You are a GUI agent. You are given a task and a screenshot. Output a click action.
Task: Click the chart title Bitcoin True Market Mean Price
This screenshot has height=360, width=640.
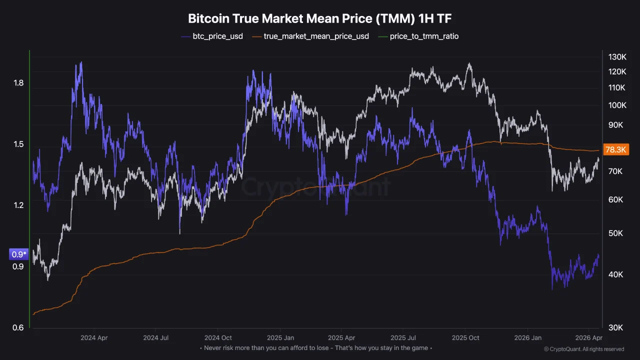tap(319, 18)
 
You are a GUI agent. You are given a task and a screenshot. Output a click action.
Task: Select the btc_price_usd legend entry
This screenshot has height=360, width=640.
tap(217, 36)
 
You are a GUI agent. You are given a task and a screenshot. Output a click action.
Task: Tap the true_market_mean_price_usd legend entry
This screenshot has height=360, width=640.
tap(316, 36)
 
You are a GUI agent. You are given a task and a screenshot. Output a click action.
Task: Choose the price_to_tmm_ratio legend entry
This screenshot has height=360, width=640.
tap(424, 36)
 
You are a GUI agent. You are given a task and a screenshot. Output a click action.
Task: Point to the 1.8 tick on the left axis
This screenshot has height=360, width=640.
tap(18, 83)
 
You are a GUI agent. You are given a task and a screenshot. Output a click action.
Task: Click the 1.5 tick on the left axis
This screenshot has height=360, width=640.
tap(18, 144)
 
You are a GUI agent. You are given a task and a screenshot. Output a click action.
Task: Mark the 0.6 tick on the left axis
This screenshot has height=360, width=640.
tap(18, 328)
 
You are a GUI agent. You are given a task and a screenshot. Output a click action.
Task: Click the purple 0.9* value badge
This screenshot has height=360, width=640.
tap(19, 254)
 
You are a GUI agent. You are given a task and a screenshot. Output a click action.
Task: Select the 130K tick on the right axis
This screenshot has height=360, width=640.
tap(617, 57)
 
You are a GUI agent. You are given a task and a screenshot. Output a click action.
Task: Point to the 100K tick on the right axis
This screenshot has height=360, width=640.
tap(617, 105)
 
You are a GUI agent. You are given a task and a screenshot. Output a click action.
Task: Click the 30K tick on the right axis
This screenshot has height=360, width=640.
tap(615, 328)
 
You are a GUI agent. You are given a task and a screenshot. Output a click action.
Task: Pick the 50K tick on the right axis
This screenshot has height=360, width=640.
tap(615, 233)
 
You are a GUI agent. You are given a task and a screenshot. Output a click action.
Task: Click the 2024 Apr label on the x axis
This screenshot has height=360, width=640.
tap(94, 337)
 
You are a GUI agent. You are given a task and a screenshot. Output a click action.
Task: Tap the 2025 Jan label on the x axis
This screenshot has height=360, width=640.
tap(280, 337)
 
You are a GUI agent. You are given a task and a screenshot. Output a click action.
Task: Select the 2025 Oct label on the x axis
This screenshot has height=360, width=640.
tap(466, 337)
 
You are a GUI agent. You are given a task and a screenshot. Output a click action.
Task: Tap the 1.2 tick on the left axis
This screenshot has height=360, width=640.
tap(18, 205)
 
